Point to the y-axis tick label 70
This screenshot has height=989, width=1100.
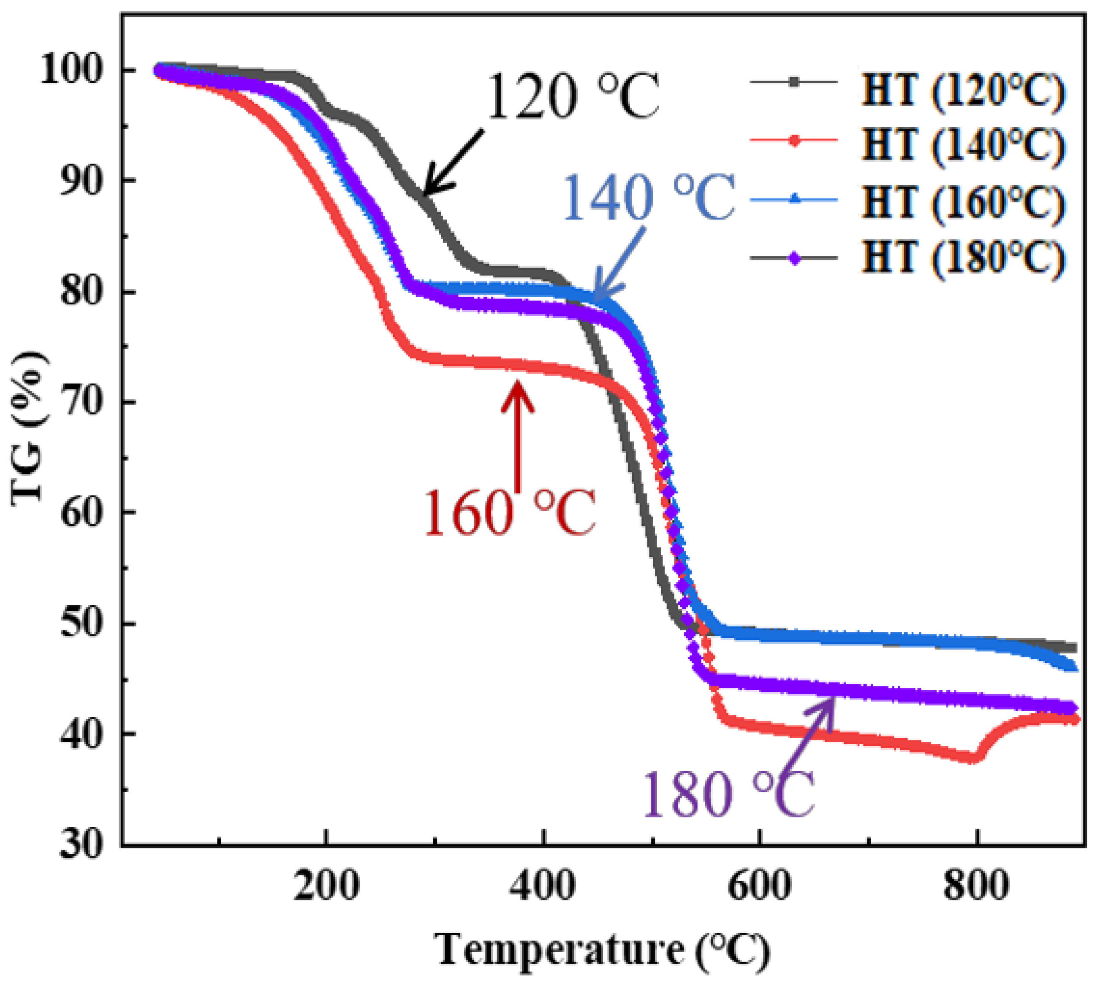(x=81, y=403)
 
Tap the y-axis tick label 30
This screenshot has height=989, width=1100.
(x=81, y=846)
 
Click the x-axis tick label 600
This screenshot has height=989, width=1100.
(x=759, y=886)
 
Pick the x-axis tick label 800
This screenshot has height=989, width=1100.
(x=976, y=886)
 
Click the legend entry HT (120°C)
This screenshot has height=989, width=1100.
(x=962, y=89)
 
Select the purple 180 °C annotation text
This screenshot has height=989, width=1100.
(x=729, y=794)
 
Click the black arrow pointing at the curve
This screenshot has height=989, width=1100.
(x=452, y=163)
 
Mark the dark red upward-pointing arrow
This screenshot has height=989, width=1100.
(x=517, y=435)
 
